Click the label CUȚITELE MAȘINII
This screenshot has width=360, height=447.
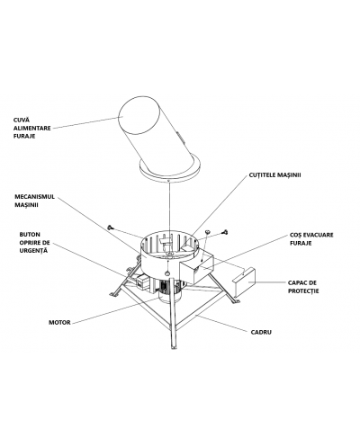click(274, 175)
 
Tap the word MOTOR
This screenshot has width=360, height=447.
click(59, 323)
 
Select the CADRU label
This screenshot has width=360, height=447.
click(261, 332)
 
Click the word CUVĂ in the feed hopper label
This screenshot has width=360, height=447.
click(22, 120)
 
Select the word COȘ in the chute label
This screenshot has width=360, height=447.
click(296, 235)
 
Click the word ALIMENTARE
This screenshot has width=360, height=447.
click(32, 128)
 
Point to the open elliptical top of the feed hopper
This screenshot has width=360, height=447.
click(139, 115)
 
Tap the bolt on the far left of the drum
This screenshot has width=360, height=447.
click(110, 228)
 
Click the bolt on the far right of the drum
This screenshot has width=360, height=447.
click(225, 232)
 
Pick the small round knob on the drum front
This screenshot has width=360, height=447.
click(167, 273)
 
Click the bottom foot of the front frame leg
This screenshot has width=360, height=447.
click(173, 347)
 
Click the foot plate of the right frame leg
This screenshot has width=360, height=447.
click(236, 301)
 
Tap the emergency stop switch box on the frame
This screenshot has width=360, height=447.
click(142, 282)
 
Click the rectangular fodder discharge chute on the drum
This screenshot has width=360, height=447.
click(196, 267)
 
